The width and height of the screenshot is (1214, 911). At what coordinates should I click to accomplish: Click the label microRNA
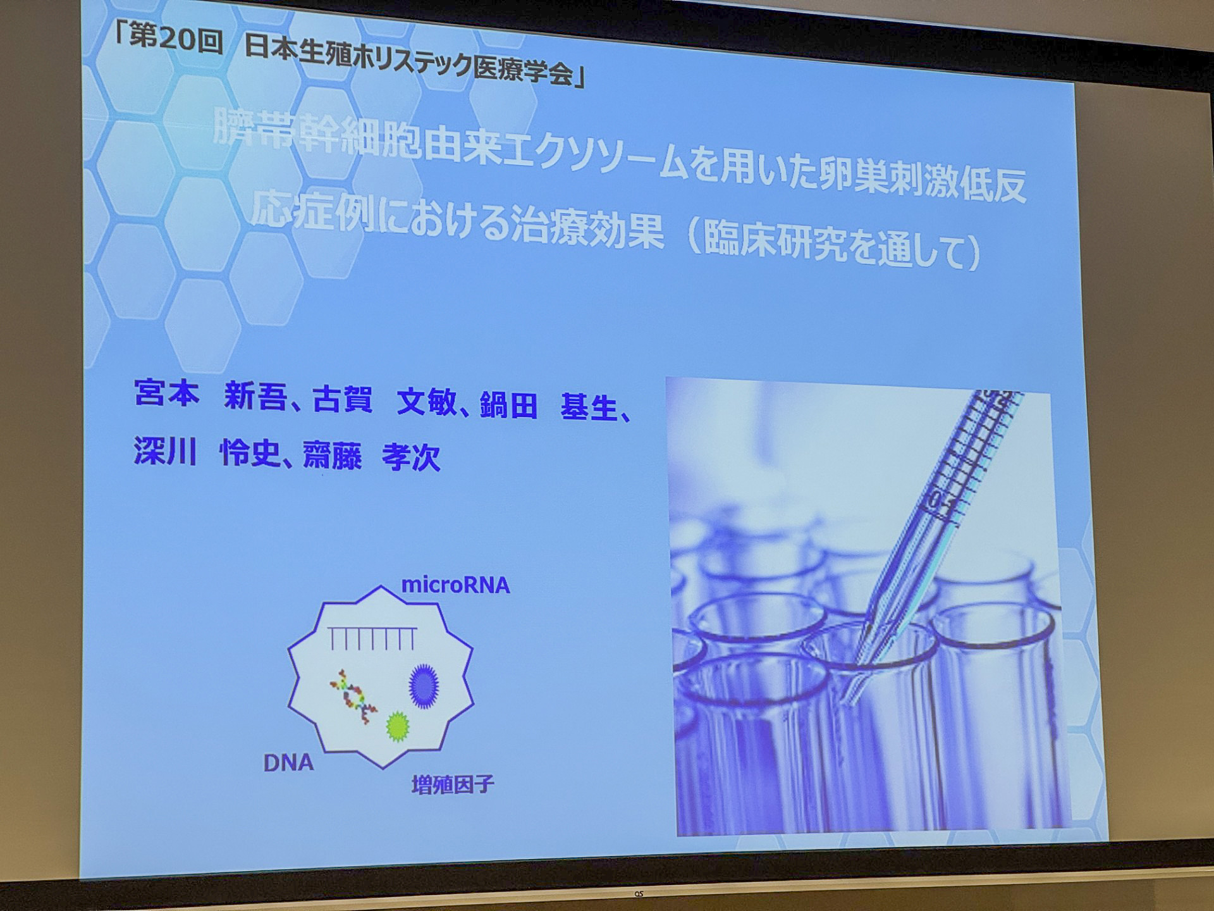click(x=455, y=585)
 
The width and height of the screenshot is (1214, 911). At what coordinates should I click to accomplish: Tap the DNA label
click(x=288, y=763)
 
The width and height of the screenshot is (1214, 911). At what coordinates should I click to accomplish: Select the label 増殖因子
click(x=452, y=785)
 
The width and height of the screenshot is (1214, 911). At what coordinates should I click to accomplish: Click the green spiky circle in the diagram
click(x=398, y=726)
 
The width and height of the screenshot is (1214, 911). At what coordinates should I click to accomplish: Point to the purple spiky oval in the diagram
click(x=424, y=685)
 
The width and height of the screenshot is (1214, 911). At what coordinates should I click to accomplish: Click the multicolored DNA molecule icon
click(x=353, y=697)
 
